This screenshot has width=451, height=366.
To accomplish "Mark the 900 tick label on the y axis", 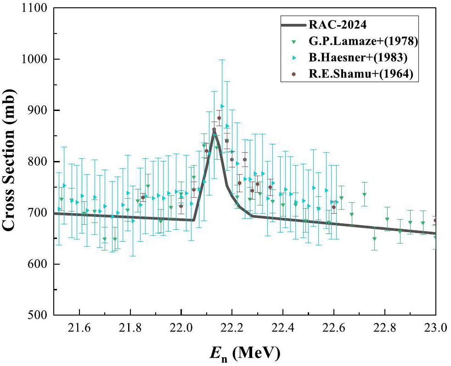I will pyautogui.click(x=36, y=111).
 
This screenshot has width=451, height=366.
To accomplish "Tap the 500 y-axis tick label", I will pyautogui.click(x=36, y=315).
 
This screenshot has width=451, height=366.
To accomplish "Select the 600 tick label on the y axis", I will pyautogui.click(x=36, y=264).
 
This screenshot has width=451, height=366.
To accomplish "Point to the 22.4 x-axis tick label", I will pyautogui.click(x=283, y=329).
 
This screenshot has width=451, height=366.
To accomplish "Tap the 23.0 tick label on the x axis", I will pyautogui.click(x=435, y=329).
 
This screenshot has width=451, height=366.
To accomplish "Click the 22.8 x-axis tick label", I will pyautogui.click(x=384, y=329).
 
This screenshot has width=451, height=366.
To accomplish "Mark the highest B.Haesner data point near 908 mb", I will pyautogui.click(x=222, y=106).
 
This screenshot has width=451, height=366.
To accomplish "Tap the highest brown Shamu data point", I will pyautogui.click(x=219, y=118).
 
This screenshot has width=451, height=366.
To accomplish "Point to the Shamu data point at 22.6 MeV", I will pyautogui.click(x=333, y=207).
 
